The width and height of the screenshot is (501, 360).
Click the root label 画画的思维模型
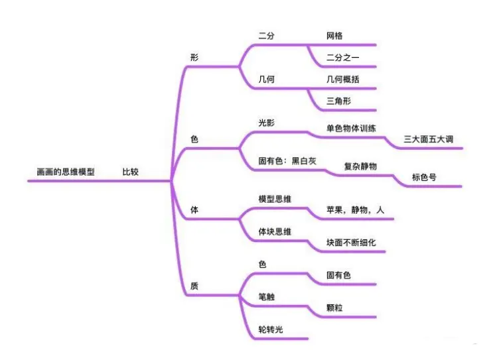(x=66, y=172)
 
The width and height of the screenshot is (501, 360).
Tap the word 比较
(x=130, y=172)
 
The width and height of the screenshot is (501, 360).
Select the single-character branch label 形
(x=194, y=57)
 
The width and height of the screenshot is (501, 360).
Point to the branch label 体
(x=194, y=210)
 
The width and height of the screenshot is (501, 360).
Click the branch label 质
(x=194, y=286)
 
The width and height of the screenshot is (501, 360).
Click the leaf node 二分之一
(x=342, y=58)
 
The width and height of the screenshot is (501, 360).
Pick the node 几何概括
(x=342, y=80)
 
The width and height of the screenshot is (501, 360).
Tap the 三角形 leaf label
(x=338, y=101)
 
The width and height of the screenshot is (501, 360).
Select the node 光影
(x=266, y=123)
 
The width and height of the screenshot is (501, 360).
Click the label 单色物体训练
(x=350, y=128)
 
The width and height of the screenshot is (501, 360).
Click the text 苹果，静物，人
(x=355, y=210)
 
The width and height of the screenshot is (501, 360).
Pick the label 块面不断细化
(x=351, y=243)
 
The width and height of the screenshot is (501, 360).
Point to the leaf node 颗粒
(x=334, y=308)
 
